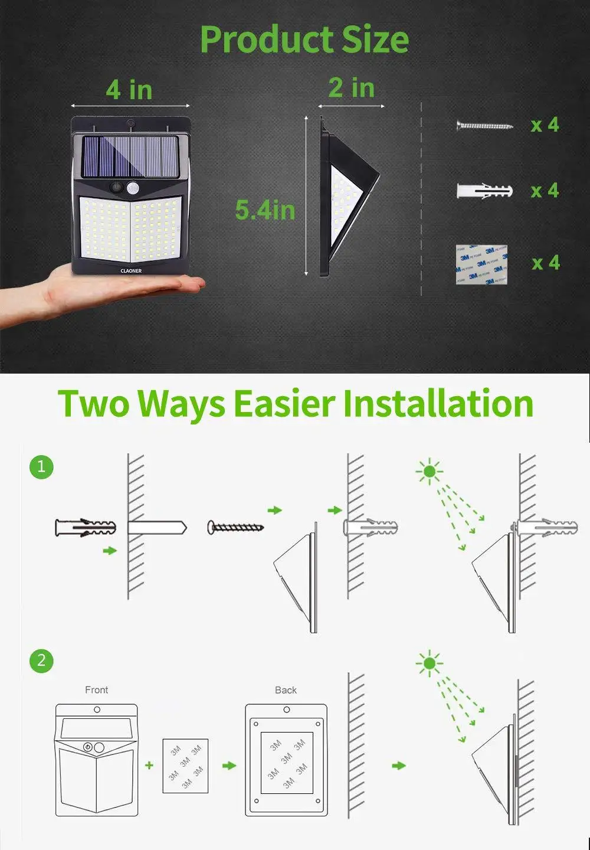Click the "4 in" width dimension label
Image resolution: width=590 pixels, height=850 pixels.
click(x=129, y=90)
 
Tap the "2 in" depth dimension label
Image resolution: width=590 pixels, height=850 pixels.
click(x=352, y=88)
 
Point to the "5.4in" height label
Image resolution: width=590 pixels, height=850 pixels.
click(x=265, y=210)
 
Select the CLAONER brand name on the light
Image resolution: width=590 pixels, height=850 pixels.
click(x=131, y=271)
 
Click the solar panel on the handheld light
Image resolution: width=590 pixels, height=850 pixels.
click(x=130, y=156)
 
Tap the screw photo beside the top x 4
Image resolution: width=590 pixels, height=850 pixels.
click(x=484, y=125)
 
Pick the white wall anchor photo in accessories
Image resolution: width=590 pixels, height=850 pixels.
click(x=484, y=191)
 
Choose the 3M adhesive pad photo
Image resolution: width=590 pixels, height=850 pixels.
click(x=481, y=264)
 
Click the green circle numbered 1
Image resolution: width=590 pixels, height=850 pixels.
click(x=41, y=467)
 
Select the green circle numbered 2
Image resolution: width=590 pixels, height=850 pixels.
click(x=41, y=660)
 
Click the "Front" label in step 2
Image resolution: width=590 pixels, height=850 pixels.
click(x=97, y=690)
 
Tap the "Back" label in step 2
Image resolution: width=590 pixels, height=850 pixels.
click(x=286, y=690)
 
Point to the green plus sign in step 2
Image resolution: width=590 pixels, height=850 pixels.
click(x=149, y=765)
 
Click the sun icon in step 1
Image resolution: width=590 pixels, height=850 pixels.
click(x=429, y=471)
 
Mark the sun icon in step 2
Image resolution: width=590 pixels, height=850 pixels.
click(x=429, y=663)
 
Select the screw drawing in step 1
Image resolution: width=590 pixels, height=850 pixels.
click(x=235, y=527)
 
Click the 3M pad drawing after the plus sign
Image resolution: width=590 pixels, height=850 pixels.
click(x=185, y=766)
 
